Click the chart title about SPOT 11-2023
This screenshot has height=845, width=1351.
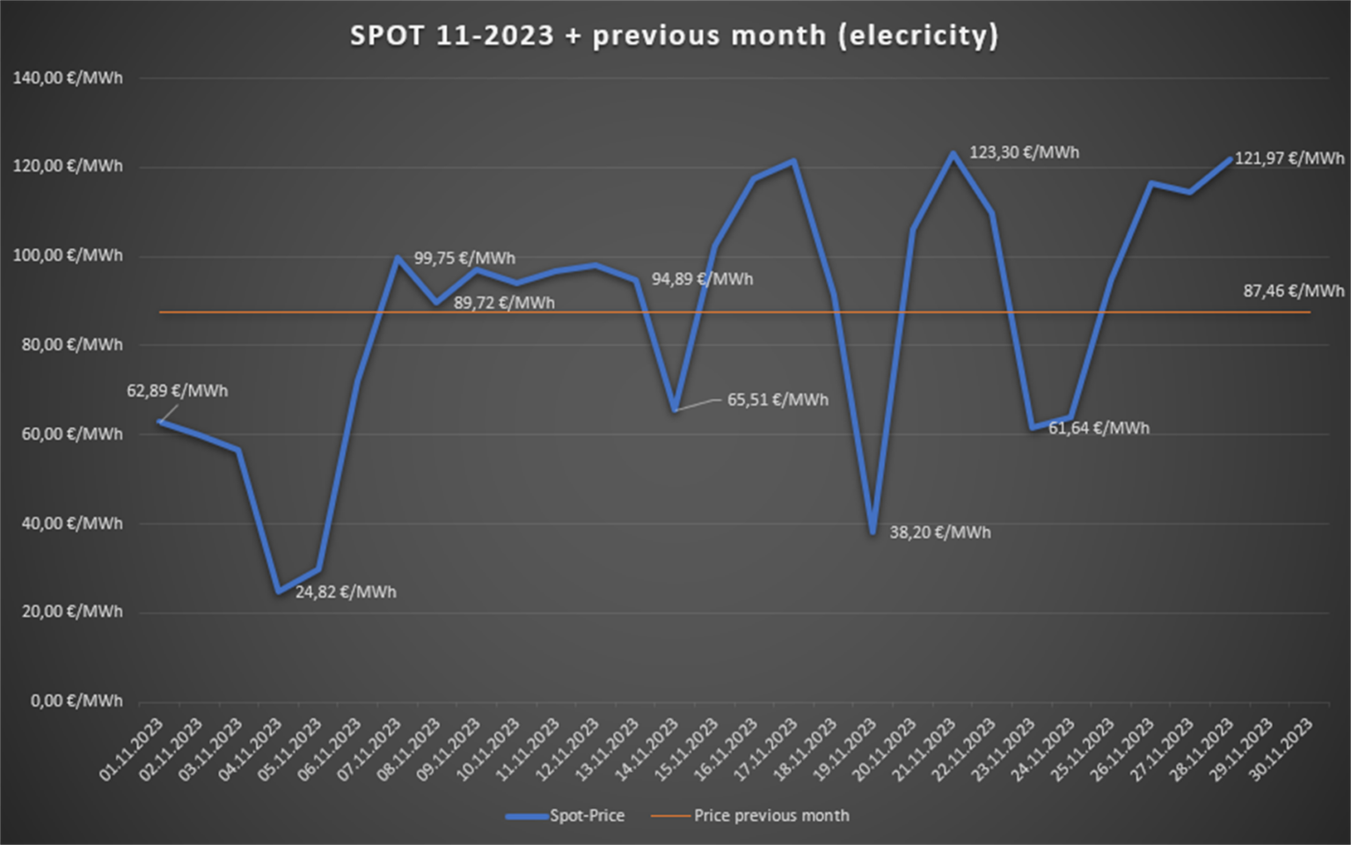[674, 35]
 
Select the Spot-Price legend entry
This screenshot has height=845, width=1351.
[566, 816]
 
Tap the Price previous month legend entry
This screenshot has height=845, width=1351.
[751, 816]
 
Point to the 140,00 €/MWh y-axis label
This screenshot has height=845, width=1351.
[68, 78]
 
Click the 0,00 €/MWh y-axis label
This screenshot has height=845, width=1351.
[77, 702]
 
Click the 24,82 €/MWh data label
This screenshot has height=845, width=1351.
[346, 592]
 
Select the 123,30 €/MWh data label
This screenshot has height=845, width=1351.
[1024, 152]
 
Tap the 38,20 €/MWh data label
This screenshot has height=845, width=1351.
[939, 533]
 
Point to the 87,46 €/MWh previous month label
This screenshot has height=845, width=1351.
[1293, 291]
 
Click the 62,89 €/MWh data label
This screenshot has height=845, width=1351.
[177, 391]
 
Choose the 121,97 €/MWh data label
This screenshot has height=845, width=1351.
[1289, 158]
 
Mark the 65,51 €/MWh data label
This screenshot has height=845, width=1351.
[778, 400]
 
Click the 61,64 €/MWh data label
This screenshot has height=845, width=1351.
[1099, 429]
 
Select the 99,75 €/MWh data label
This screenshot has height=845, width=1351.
[464, 259]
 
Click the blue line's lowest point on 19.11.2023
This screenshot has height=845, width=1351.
[873, 532]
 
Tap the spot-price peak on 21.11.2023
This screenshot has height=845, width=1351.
[953, 153]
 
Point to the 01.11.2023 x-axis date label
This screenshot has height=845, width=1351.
[133, 748]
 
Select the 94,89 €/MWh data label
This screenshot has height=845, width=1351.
[702, 280]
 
